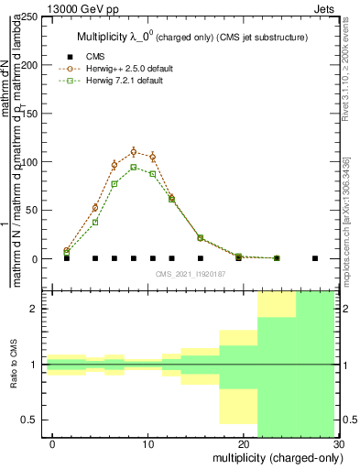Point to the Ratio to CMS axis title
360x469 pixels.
pyautogui.click(x=14, y=365)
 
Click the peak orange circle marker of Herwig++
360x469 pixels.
pyautogui.click(x=134, y=152)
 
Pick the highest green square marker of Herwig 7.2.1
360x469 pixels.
pyautogui.click(x=134, y=167)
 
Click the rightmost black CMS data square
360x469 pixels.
pyautogui.click(x=315, y=258)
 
